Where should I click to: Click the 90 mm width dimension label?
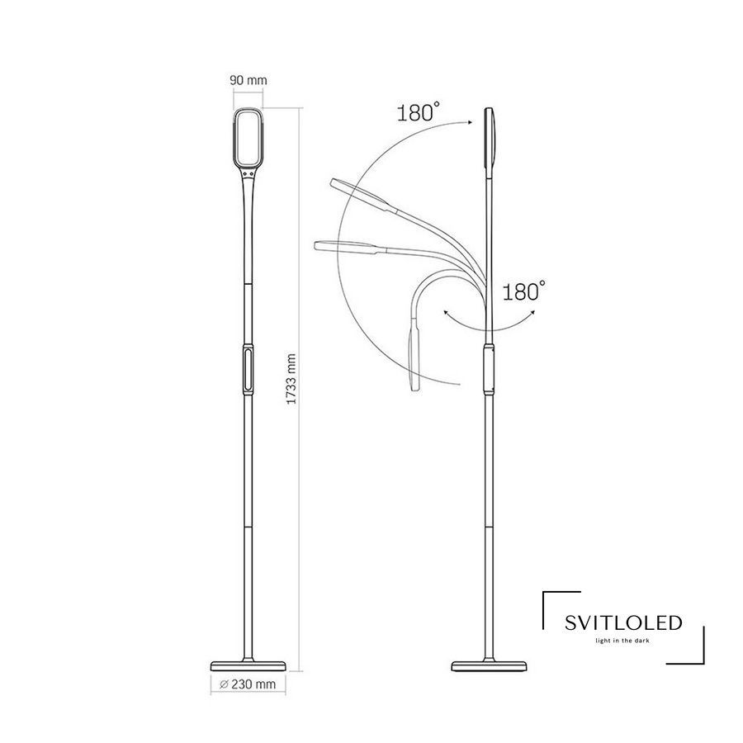click(248, 80)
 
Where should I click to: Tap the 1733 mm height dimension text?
click(291, 379)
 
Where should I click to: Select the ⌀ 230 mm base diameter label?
click(248, 684)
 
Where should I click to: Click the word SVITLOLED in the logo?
click(623, 622)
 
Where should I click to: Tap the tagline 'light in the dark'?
click(622, 641)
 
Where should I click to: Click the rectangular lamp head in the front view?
click(248, 139)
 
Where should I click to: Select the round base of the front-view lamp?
click(248, 665)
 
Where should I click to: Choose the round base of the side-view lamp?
click(489, 665)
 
